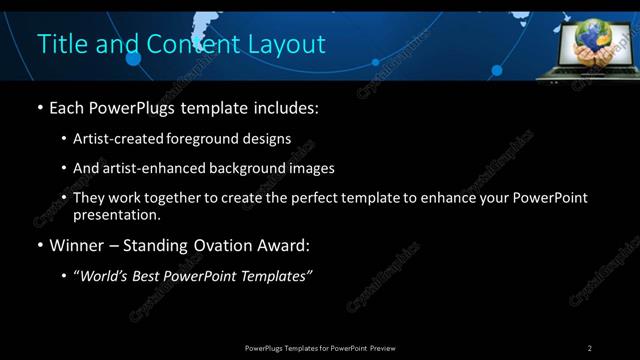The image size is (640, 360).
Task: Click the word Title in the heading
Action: tap(58, 44)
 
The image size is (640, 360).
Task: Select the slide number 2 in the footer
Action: tap(589, 348)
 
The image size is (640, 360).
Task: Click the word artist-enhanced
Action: tap(153, 168)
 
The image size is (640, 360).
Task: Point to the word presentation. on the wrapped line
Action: tap(117, 215)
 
